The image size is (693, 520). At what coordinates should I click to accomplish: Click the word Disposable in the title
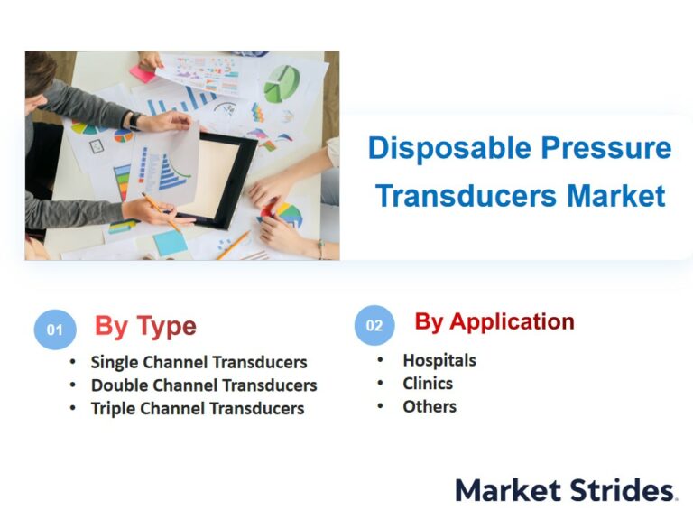tap(449, 149)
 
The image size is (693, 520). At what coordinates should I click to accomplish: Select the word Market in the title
tap(616, 195)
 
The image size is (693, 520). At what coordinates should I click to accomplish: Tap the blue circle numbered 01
tap(55, 330)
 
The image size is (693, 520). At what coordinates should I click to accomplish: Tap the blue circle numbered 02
tap(374, 325)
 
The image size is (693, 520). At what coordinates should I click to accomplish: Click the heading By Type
tap(145, 326)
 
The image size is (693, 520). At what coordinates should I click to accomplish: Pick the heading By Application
tap(494, 322)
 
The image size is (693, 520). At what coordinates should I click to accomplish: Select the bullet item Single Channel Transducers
tap(199, 362)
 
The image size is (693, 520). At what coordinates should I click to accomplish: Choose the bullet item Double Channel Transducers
tap(204, 385)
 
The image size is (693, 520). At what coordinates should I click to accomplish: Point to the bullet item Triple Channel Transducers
tap(198, 409)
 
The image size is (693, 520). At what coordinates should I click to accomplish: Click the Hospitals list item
tap(439, 360)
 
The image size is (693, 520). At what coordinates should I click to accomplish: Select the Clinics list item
tap(428, 384)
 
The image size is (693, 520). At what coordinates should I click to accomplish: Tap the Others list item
tap(430, 406)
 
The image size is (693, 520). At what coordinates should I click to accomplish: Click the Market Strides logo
tap(566, 490)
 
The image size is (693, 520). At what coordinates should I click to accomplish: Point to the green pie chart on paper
tap(282, 83)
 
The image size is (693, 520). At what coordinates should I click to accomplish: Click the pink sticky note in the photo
tap(143, 73)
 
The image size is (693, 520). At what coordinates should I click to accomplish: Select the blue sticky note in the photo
tap(170, 243)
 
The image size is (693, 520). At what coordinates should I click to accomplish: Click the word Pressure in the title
tap(606, 147)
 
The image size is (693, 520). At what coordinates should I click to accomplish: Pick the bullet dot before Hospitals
tap(380, 360)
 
